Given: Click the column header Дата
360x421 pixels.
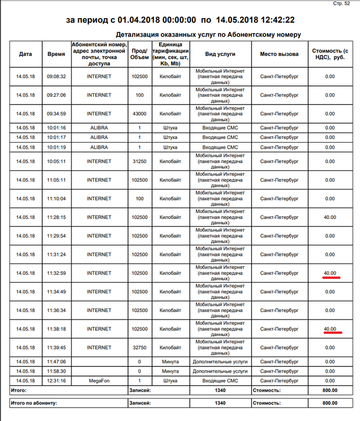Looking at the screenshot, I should click(x=25, y=54).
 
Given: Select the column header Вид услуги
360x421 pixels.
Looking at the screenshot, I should click(x=220, y=54).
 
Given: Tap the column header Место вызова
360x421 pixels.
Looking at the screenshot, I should click(x=279, y=54).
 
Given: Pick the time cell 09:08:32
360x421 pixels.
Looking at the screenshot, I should click(x=57, y=77).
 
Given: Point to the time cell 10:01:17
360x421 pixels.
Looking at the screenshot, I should click(x=57, y=137).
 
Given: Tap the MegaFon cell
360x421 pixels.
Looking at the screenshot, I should click(x=99, y=380).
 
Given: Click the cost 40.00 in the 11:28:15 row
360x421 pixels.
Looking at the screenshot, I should click(x=330, y=217).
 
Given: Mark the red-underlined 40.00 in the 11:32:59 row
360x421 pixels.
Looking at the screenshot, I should click(x=330, y=273).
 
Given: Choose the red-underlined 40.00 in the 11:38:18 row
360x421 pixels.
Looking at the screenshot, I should click(x=330, y=329).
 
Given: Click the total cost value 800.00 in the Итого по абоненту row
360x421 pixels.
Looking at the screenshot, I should click(x=330, y=404).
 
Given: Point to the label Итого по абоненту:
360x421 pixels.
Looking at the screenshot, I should click(x=33, y=404).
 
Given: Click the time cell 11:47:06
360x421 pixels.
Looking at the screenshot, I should click(x=57, y=361).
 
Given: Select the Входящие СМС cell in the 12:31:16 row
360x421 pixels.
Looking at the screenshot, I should click(x=220, y=380).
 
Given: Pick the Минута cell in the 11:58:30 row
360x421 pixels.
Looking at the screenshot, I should click(x=170, y=371).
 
